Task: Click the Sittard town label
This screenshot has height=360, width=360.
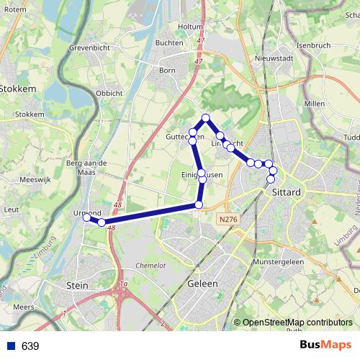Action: pyautogui.click(x=287, y=193)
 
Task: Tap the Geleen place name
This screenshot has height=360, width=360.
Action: pyautogui.click(x=202, y=284)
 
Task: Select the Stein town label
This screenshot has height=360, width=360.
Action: pyautogui.click(x=76, y=286)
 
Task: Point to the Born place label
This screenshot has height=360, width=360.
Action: pyautogui.click(x=167, y=71)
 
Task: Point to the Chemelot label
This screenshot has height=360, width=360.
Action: pyautogui.click(x=151, y=266)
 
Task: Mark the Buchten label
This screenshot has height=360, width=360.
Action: pyautogui.click(x=169, y=42)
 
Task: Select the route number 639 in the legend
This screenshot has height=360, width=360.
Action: pyautogui.click(x=30, y=346)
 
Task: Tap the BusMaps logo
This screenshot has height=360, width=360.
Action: pyautogui.click(x=325, y=346)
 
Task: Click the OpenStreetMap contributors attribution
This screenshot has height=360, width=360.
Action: pyautogui.click(x=297, y=323)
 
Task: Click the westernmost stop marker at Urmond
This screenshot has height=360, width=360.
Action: pyautogui.click(x=86, y=217)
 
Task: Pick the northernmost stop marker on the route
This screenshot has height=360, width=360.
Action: pyautogui.click(x=206, y=117)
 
